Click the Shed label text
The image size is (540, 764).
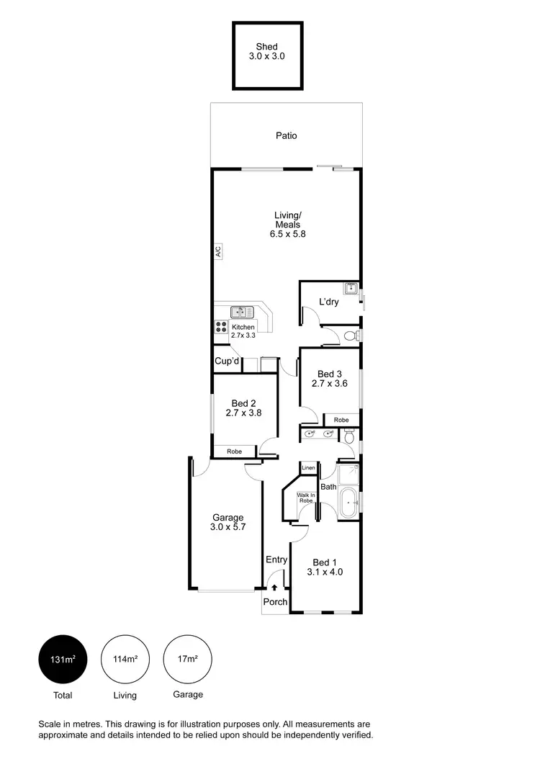click(266, 47)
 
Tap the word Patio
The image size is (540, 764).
click(286, 135)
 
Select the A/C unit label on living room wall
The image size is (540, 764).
click(217, 251)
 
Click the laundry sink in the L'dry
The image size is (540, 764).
click(351, 289)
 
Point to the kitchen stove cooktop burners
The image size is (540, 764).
click(220, 327)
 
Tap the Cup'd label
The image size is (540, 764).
click(227, 361)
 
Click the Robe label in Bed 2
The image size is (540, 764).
click(234, 451)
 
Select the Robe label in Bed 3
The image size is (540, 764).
click(341, 420)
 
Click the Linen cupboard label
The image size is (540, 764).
click(308, 469)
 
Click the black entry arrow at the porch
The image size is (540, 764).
click(274, 588)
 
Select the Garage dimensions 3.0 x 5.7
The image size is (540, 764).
click(227, 528)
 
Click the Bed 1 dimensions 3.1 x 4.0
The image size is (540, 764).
click(323, 573)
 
